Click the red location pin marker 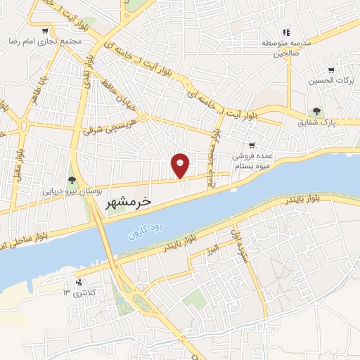pos(181,165)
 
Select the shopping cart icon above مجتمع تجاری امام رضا pos(45,31)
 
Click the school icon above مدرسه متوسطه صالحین pos(286,32)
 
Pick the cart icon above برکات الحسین pos(330,70)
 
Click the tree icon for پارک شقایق pos(317,111)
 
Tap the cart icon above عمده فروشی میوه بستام pos(251,146)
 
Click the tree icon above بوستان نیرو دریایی pos(71,180)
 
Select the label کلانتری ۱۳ pos(79,292)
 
